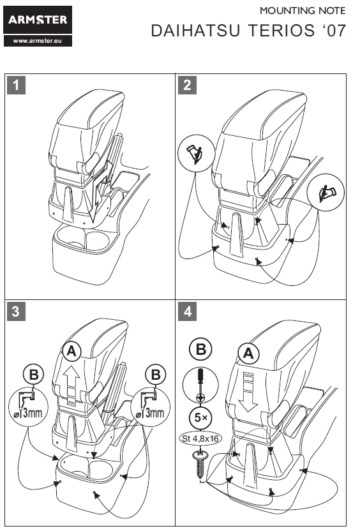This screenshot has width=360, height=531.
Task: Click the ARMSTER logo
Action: point(38,20)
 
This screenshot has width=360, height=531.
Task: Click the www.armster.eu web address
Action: point(38,41)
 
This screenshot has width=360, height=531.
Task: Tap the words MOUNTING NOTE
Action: point(303,11)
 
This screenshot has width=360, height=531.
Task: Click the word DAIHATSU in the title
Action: point(195,31)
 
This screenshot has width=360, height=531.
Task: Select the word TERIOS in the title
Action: point(281,31)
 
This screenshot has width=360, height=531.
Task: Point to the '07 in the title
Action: point(333,31)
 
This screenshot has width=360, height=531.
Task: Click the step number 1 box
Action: point(16,85)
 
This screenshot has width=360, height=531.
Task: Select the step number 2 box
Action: point(187,85)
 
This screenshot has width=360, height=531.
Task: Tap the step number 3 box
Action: point(16,311)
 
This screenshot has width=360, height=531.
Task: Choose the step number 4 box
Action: point(187,311)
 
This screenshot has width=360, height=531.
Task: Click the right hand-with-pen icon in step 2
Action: point(326,192)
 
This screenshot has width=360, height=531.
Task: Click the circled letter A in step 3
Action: point(71,351)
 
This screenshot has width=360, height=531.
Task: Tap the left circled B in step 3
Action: point(33,375)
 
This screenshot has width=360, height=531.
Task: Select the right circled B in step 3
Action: point(156,375)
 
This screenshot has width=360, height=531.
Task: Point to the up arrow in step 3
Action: point(71,386)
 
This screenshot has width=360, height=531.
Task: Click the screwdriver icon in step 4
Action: point(200,385)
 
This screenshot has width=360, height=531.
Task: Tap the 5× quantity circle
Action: point(200,417)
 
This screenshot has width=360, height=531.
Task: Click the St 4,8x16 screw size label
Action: point(200,438)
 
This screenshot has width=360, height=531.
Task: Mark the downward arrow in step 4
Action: point(248,391)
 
